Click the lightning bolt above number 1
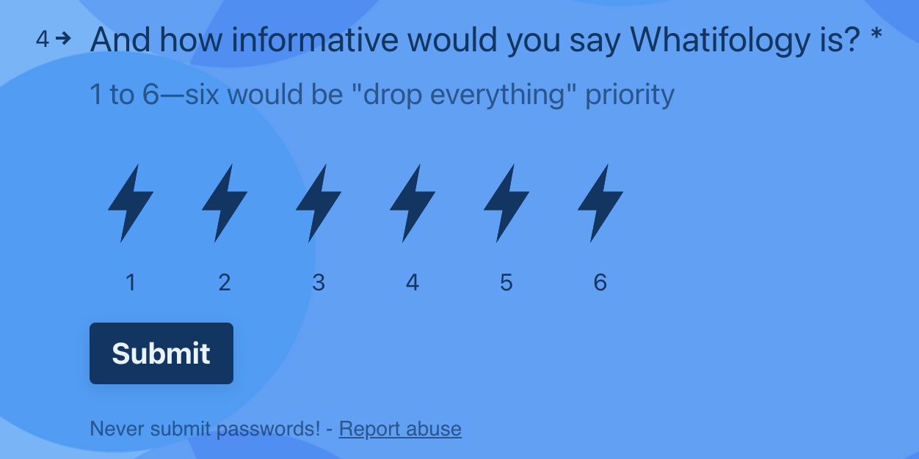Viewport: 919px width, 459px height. pyautogui.click(x=131, y=203)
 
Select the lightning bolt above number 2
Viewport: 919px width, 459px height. pyautogui.click(x=225, y=203)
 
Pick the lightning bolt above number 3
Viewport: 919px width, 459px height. pyautogui.click(x=319, y=203)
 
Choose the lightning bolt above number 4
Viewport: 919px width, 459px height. pyautogui.click(x=413, y=203)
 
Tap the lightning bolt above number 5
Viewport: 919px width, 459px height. pyautogui.click(x=506, y=203)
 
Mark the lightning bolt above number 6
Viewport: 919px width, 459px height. pyautogui.click(x=600, y=203)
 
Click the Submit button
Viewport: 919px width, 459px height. pyautogui.click(x=161, y=353)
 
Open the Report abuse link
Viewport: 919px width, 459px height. pyautogui.click(x=400, y=429)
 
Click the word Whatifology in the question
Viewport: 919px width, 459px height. pyautogui.click(x=720, y=40)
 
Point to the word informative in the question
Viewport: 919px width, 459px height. pyautogui.click(x=315, y=40)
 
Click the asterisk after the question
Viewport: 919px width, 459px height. pyautogui.click(x=876, y=34)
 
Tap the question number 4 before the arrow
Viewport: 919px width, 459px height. pyautogui.click(x=43, y=40)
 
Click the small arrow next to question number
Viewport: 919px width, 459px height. pyautogui.click(x=63, y=39)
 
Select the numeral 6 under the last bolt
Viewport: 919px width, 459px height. pyautogui.click(x=600, y=282)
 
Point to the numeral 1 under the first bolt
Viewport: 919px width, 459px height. pyautogui.click(x=131, y=282)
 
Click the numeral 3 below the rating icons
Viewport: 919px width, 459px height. pyautogui.click(x=319, y=282)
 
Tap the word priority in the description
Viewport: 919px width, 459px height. pyautogui.click(x=630, y=95)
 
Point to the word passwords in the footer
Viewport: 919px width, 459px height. pyautogui.click(x=268, y=429)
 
